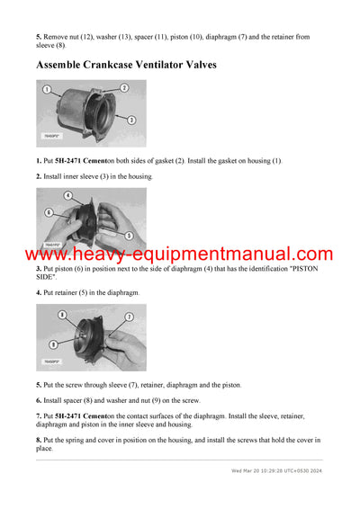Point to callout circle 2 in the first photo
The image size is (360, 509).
coord(124,87)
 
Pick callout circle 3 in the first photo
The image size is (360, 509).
coord(131,119)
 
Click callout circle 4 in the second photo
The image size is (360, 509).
coord(68,194)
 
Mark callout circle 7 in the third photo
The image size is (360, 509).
coord(129,317)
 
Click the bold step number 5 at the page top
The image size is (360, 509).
coord(39,36)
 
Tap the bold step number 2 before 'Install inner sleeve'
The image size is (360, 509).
coord(39,176)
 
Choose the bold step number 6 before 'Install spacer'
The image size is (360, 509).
coord(39,400)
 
